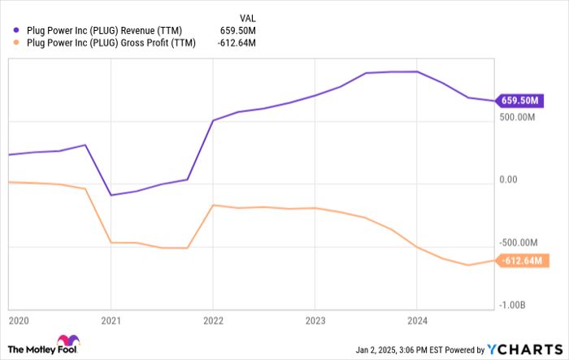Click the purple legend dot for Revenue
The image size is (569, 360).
pos(16,31)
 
